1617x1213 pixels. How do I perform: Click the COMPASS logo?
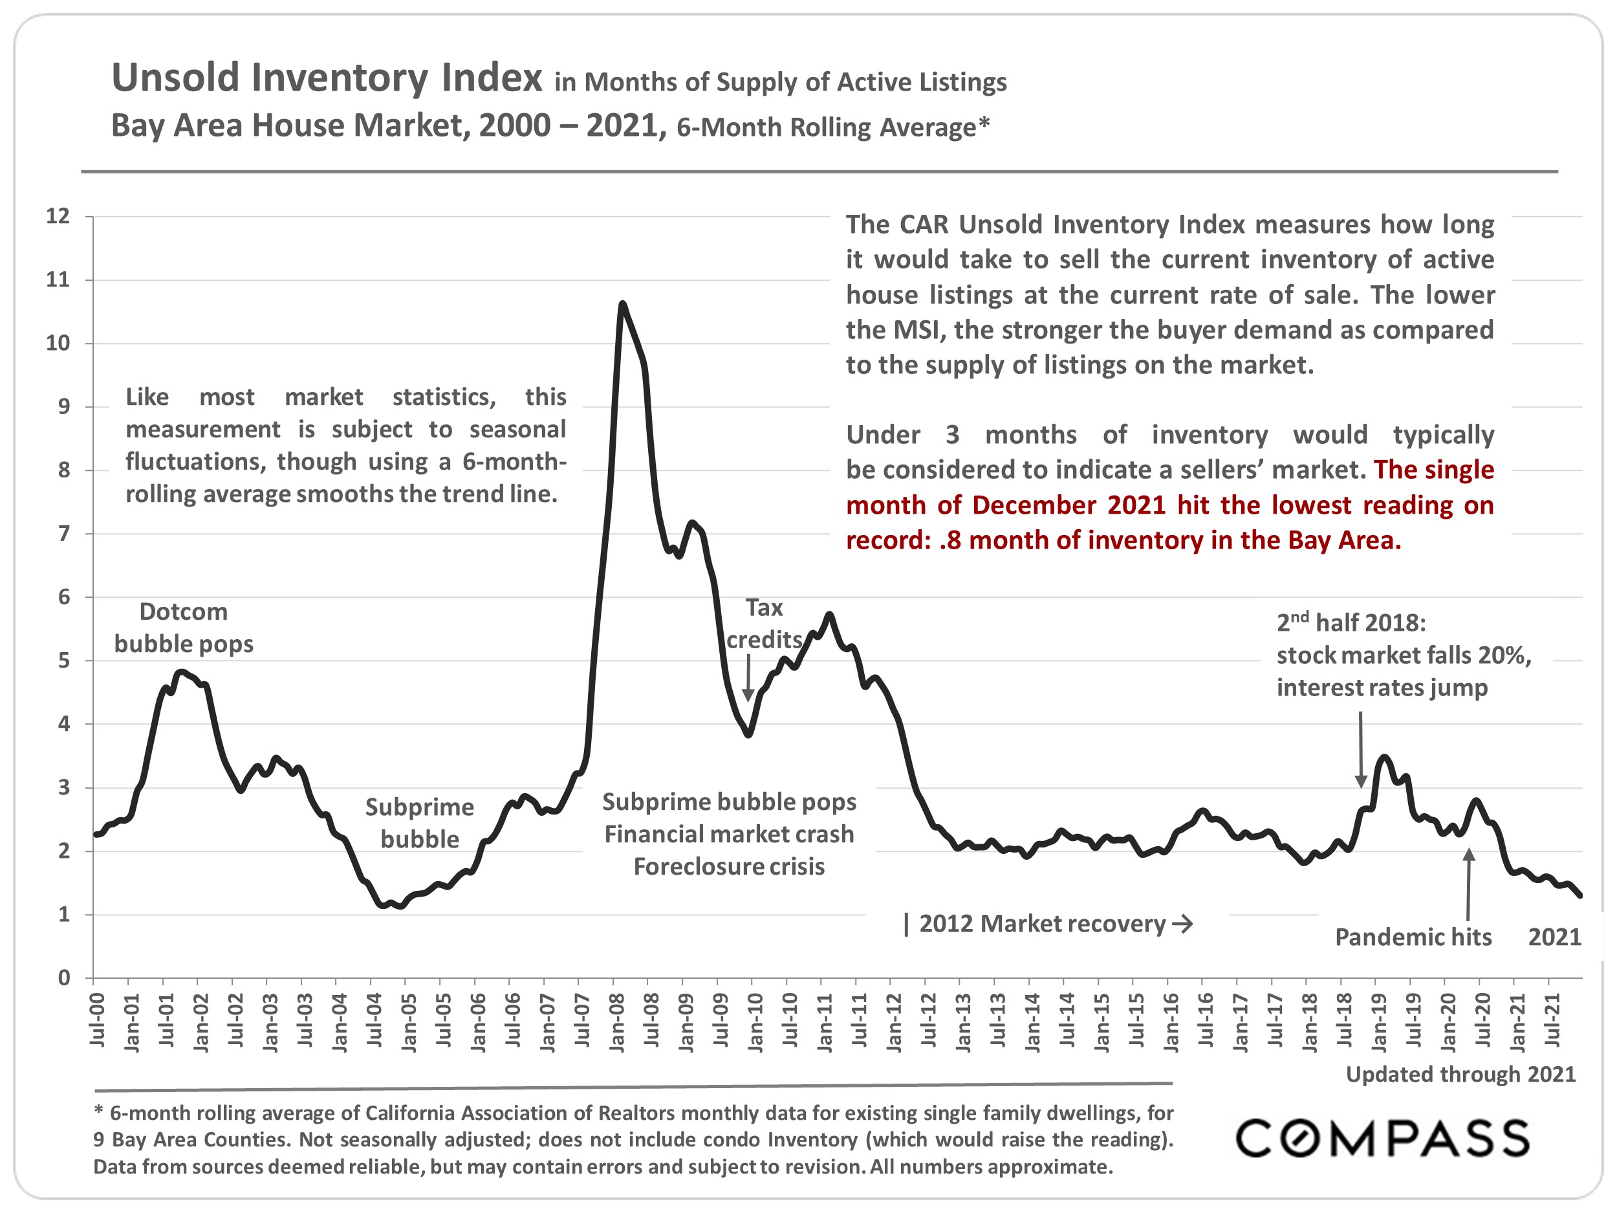(1382, 1139)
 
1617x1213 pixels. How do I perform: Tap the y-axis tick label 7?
(63, 534)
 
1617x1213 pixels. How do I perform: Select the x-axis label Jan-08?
(617, 1023)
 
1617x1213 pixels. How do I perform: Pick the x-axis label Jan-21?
(1518, 1023)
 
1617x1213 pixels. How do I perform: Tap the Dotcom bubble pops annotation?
(184, 628)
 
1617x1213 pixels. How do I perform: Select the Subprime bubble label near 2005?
(420, 822)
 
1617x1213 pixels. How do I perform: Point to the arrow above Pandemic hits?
(1469, 885)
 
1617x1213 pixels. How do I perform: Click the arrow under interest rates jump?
(1360, 749)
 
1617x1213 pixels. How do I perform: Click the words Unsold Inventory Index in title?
(327, 78)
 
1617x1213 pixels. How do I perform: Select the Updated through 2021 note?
(1460, 1074)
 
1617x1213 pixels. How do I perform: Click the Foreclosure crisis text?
(729, 866)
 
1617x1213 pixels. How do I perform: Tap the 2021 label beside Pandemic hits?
(1554, 937)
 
